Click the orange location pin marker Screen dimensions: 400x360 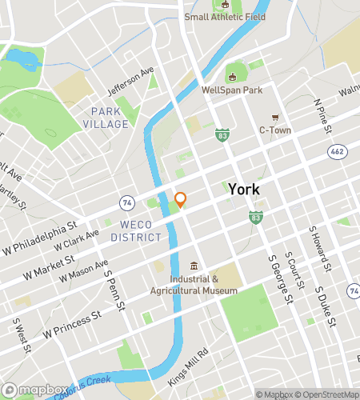pyautogui.click(x=181, y=200)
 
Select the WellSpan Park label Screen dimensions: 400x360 pyautogui.click(x=232, y=90)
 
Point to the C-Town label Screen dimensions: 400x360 pyautogui.click(x=274, y=130)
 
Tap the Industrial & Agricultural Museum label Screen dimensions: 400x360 pyautogui.click(x=194, y=285)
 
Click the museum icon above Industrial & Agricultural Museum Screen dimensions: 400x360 pyautogui.click(x=194, y=266)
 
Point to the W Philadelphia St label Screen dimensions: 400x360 pyautogui.click(x=39, y=239)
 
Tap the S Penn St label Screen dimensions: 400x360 pyautogui.click(x=115, y=290)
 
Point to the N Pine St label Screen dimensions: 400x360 pyautogui.click(x=322, y=114)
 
